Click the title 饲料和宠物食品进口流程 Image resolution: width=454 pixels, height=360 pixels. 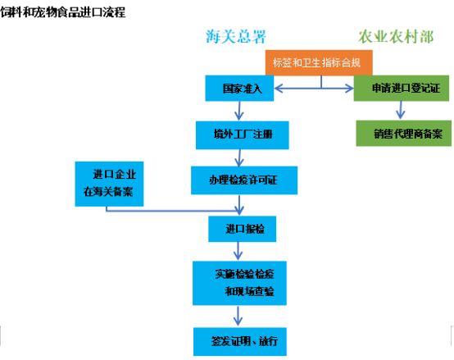[63, 12]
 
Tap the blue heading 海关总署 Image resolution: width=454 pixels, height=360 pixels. [236, 37]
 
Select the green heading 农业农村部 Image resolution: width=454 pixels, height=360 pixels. [396, 37]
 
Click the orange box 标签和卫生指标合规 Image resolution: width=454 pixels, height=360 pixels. [319, 62]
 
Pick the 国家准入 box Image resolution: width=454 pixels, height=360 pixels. [239, 89]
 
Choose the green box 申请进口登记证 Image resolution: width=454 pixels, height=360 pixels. [402, 89]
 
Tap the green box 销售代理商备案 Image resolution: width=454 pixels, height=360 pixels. [404, 133]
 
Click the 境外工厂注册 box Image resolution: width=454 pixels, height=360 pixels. [243, 135]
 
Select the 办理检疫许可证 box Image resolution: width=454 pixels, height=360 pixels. [244, 180]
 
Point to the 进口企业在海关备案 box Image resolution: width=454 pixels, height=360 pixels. [109, 184]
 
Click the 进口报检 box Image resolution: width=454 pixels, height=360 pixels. [243, 229]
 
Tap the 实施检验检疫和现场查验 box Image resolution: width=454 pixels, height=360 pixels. [240, 283]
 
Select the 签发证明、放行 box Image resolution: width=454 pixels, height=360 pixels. [240, 341]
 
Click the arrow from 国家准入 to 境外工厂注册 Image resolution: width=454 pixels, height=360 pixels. [239, 111]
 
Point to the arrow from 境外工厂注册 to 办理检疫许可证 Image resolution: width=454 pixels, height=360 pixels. [239, 157]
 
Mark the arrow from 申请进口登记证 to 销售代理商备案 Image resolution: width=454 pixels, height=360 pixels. [401, 110]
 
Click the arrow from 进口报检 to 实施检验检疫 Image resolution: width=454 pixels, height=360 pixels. [238, 251]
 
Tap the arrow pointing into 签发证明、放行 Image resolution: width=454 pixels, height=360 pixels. [238, 316]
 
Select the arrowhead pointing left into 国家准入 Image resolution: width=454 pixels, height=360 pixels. [279, 88]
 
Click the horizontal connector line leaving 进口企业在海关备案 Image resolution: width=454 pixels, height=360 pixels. [173, 211]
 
